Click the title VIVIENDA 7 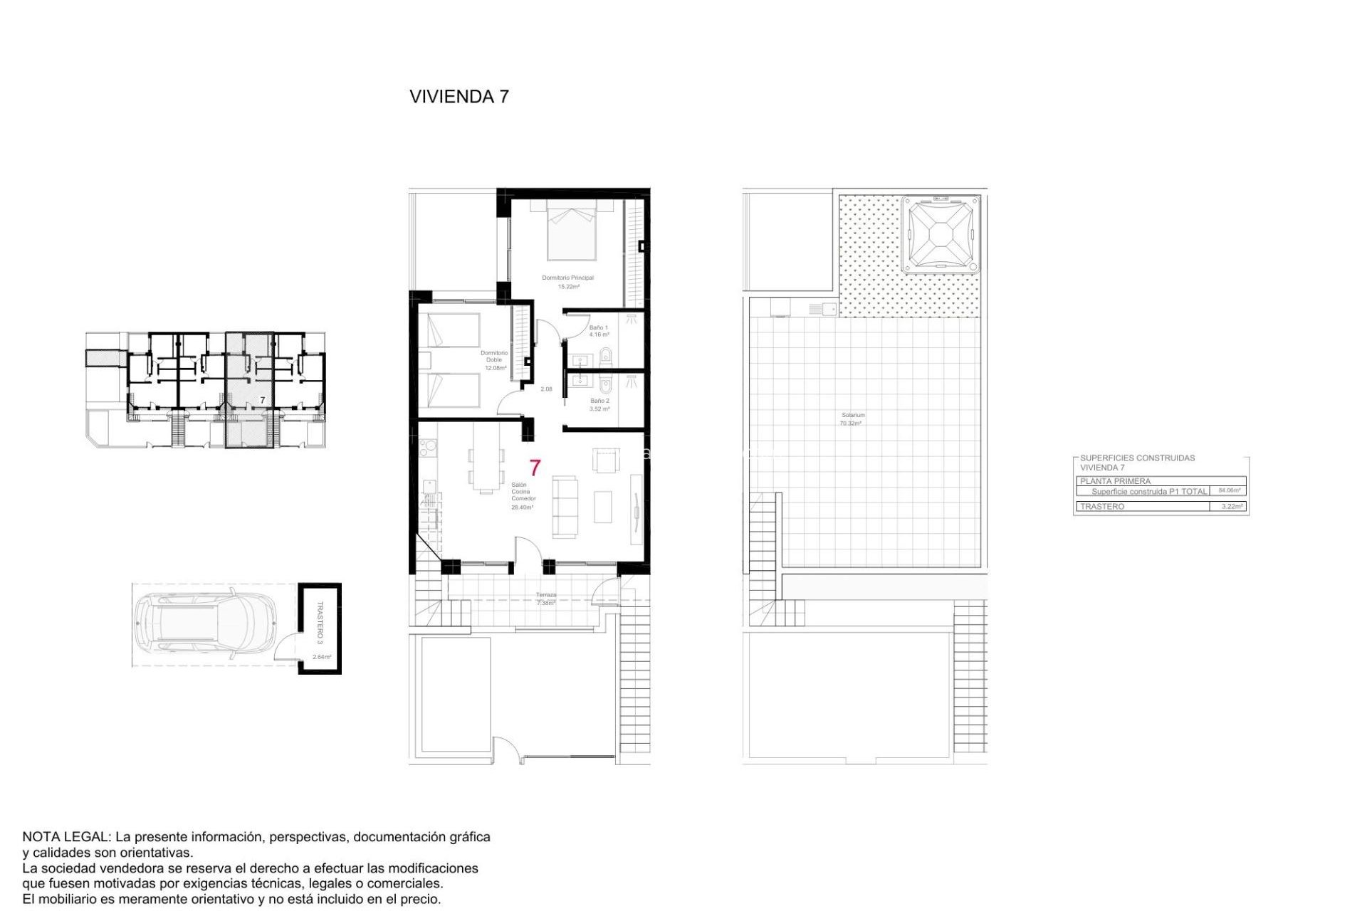459,97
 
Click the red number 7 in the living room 535,468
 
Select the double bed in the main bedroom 571,231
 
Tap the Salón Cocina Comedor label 523,495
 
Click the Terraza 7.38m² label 546,599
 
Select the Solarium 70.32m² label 852,418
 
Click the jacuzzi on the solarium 940,235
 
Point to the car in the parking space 205,624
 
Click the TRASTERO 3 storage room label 320,622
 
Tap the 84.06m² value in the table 1229,490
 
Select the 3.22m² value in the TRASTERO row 1231,506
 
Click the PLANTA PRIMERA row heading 1115,481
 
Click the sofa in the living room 565,507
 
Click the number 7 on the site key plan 263,401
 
